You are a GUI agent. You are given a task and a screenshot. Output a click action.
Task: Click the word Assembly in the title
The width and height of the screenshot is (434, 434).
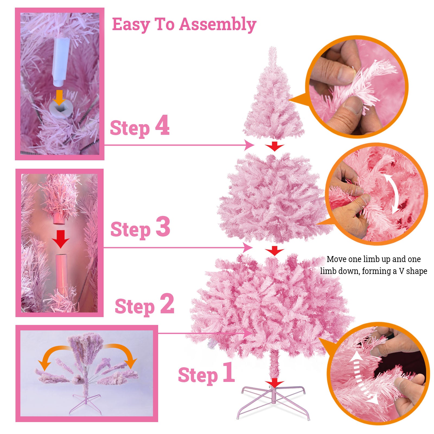(218, 24)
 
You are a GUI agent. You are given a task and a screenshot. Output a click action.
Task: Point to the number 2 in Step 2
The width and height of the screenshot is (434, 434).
(167, 304)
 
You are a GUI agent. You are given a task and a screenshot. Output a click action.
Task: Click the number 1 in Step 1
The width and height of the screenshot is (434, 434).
(229, 372)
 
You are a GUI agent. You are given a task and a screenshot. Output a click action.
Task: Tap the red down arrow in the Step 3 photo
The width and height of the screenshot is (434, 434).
(61, 239)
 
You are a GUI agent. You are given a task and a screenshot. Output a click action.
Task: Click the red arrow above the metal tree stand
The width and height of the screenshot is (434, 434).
(275, 383)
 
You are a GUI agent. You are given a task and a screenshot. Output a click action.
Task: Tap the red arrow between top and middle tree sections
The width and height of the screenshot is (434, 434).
(275, 146)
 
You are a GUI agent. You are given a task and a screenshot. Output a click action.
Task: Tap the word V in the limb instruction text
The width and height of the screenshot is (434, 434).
(401, 271)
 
